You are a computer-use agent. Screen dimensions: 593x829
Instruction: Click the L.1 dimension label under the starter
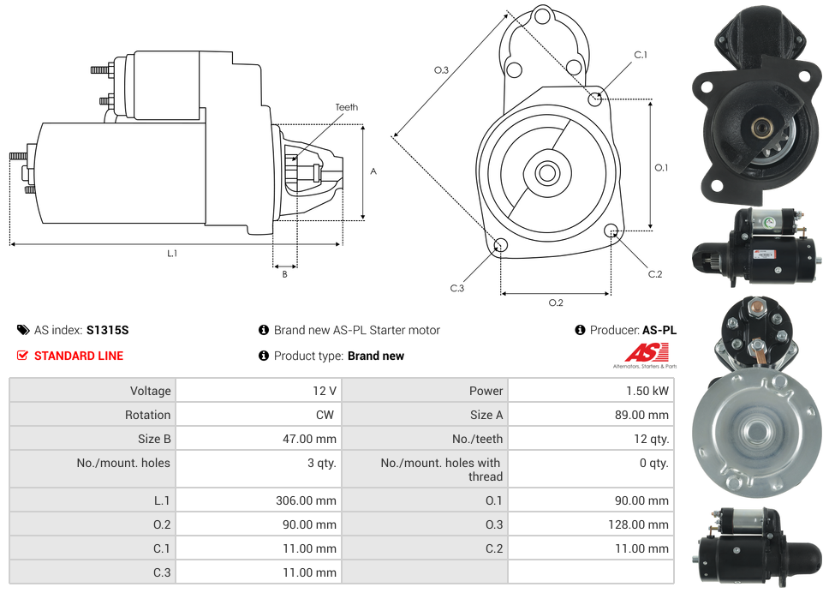(x=172, y=253)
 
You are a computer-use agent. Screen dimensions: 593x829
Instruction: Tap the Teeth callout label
(x=346, y=107)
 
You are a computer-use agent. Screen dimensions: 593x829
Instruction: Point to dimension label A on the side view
(x=373, y=171)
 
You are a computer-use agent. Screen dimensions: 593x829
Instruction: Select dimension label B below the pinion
(x=285, y=274)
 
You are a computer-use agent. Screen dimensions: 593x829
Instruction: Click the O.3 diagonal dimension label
(x=441, y=70)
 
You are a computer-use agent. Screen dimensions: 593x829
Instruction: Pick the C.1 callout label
(x=640, y=55)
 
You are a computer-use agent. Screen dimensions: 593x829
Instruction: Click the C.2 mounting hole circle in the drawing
(x=611, y=231)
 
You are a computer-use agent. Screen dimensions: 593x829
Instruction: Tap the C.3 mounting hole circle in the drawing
(x=501, y=247)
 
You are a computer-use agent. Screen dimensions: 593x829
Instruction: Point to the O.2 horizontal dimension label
(x=555, y=302)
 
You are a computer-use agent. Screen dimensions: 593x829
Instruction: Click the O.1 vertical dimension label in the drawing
(x=661, y=168)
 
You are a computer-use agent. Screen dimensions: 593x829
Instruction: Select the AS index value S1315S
(x=108, y=330)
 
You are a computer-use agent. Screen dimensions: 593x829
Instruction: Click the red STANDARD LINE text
(x=79, y=356)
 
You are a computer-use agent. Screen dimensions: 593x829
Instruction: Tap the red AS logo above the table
(x=647, y=352)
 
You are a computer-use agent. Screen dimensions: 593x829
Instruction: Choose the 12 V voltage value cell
(x=325, y=391)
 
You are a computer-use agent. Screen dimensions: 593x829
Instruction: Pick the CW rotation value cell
(x=326, y=415)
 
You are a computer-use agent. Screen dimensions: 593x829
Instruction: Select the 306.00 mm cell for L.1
(x=306, y=500)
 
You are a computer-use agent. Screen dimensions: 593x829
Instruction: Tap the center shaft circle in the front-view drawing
(x=546, y=173)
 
